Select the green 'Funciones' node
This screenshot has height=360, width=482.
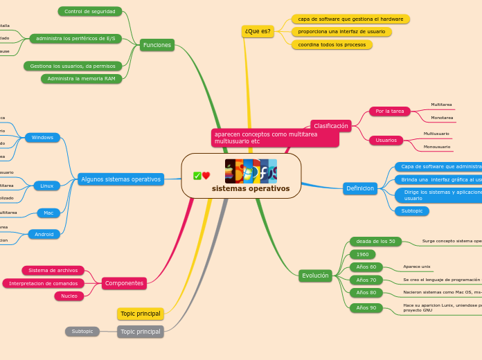point(157,45)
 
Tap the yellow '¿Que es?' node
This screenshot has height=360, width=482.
point(258,31)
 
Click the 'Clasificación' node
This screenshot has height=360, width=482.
point(331,126)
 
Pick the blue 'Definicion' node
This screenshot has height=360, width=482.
point(360,188)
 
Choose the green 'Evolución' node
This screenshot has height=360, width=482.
point(315,276)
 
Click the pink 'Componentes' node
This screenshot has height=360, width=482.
point(124,283)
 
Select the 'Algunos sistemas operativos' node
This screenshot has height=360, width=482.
point(121,179)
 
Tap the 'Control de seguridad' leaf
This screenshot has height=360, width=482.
point(90,12)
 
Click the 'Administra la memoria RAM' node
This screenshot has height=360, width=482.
point(82,79)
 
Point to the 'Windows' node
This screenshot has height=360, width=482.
point(42,138)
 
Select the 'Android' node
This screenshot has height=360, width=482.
point(44,235)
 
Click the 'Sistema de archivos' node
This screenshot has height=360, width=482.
point(53,271)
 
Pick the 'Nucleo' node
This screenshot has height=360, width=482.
point(69,296)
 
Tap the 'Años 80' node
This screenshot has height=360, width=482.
point(366,293)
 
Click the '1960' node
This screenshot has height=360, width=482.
point(362,255)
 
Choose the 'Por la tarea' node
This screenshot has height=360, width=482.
point(390,111)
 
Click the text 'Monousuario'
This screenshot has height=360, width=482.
point(437,147)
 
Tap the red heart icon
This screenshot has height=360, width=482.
point(206,176)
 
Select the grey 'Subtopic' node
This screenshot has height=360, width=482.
point(82,332)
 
